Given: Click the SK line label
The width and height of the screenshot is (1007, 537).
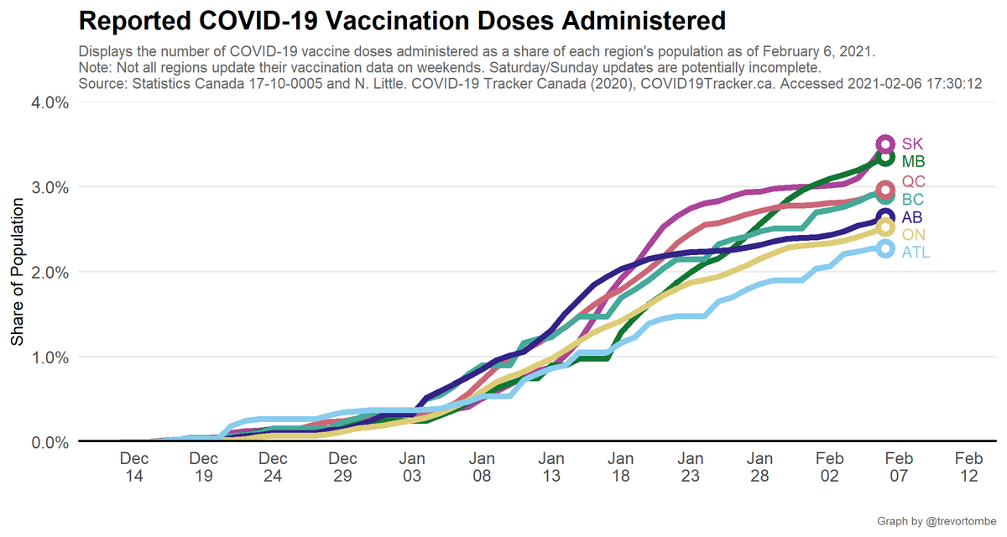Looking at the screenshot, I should [x=913, y=144].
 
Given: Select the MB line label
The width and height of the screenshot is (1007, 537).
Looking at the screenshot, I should [x=914, y=161].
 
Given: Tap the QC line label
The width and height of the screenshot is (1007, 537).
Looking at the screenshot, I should [x=914, y=182].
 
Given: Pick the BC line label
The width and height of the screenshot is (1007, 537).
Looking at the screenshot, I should [x=914, y=200].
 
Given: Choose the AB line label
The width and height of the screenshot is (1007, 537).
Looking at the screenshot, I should [x=913, y=217].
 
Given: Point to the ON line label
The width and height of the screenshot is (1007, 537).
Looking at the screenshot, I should [x=914, y=235].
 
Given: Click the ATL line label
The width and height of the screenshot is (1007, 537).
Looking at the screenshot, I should [x=916, y=253].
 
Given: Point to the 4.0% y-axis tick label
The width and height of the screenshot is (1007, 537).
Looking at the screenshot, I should [x=50, y=102].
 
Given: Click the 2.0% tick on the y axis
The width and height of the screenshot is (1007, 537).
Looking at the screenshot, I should [x=50, y=272].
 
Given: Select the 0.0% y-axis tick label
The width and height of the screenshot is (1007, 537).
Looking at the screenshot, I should [x=50, y=441].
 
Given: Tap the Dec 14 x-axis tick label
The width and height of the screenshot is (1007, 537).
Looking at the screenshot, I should [x=135, y=467].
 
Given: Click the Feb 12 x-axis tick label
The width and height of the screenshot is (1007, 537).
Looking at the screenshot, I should [x=968, y=467].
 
